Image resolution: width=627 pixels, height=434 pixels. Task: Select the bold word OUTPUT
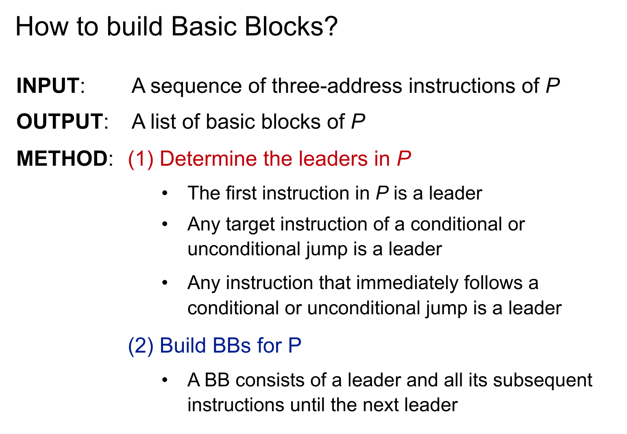(x=59, y=122)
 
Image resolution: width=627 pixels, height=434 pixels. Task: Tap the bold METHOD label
(x=61, y=158)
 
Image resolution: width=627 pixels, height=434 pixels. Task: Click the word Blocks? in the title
(x=291, y=26)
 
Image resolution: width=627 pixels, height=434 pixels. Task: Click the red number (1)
(x=141, y=158)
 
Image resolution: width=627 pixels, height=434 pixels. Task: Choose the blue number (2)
(x=141, y=346)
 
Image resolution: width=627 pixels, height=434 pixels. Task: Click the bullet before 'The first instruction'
(x=165, y=193)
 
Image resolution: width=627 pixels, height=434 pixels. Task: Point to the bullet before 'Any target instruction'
(x=165, y=225)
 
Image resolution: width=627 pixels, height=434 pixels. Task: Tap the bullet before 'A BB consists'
(x=165, y=380)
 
